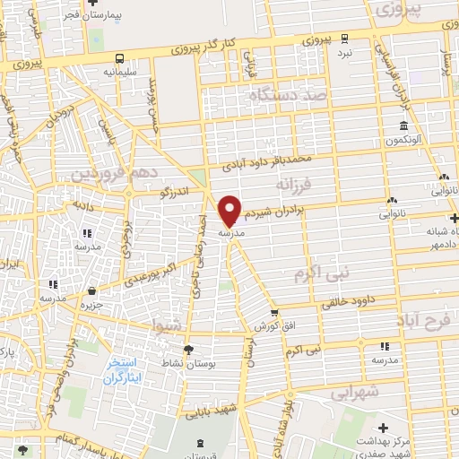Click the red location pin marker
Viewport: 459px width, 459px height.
(x=230, y=209)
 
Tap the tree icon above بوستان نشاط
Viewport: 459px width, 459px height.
(x=186, y=349)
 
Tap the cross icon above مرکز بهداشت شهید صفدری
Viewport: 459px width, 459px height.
(x=384, y=429)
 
